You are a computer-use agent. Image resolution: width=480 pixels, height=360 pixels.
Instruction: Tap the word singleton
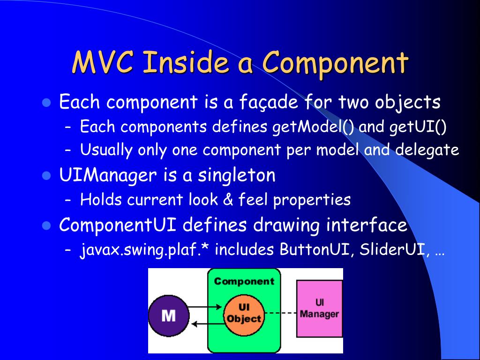236,175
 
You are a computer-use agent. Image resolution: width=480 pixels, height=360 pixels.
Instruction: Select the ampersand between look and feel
228,200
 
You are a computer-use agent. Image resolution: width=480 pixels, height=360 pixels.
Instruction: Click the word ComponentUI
117,225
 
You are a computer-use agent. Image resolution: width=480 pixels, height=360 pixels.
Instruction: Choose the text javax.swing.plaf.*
145,250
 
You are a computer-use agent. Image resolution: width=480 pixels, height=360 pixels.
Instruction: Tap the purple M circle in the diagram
168,315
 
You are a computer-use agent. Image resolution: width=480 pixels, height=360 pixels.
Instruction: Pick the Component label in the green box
244,281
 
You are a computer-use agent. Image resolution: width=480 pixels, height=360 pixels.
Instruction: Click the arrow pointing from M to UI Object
205,307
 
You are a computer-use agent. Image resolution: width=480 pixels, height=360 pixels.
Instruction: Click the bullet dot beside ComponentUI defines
46,225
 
